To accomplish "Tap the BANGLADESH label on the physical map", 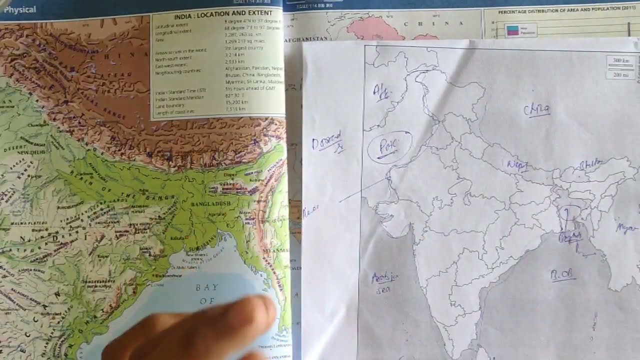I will pos(210,204).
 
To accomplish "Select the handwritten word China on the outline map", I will pos(537,109).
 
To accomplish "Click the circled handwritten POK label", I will pos(388,146).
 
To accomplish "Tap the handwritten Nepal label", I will pos(517,165).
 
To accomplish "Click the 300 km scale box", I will pos(621,61).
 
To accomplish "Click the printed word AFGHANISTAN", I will pos(305,38).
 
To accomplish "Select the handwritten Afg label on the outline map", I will pos(382,92).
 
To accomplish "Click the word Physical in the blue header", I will pos(20,9).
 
